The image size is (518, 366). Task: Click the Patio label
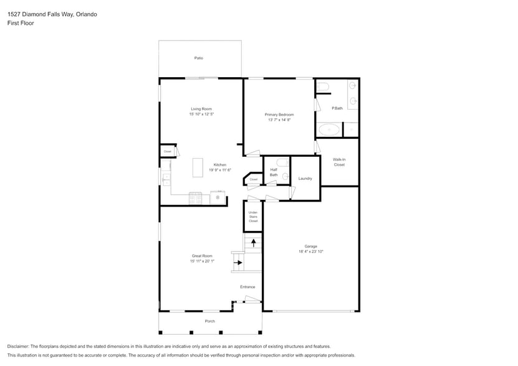198,58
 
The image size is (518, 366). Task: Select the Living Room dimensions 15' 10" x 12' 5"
201,115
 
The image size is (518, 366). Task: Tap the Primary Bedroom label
279,115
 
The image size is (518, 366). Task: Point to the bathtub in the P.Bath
329,130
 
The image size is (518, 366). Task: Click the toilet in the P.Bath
322,87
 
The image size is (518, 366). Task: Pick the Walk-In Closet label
339,162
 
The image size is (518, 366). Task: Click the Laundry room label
305,179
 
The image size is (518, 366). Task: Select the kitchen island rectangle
198,167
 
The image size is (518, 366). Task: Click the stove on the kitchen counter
195,198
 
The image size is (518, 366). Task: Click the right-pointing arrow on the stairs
237,262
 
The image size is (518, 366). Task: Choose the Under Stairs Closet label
253,217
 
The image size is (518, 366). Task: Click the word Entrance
247,287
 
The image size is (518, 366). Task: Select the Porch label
210,321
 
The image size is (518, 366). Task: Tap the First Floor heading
21,23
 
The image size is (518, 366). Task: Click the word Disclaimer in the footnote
19,346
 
